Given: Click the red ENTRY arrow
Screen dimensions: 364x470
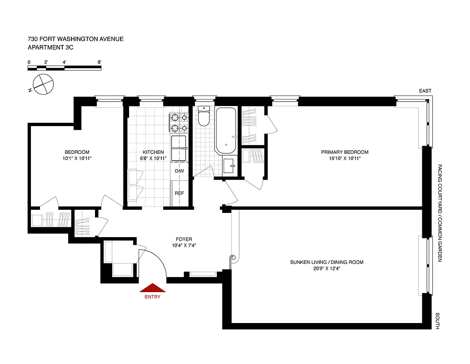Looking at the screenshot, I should [152, 288].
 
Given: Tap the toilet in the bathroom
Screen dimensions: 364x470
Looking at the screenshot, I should [203, 117].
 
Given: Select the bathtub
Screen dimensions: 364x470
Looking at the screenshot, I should [225, 130].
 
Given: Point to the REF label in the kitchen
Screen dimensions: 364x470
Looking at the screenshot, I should [180, 193].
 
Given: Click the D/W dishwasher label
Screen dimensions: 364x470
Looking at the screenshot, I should [180, 171].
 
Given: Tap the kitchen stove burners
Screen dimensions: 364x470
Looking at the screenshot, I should [179, 121].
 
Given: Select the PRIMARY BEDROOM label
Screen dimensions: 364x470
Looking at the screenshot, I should [345, 152].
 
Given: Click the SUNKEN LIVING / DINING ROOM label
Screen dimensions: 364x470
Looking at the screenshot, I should [327, 262].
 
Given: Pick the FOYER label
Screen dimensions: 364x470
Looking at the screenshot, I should [184, 239].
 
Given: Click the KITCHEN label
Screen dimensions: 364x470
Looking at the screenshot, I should [153, 152].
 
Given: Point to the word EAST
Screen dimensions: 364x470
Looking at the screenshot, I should [425, 91].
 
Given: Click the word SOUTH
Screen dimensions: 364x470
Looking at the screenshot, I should [437, 320].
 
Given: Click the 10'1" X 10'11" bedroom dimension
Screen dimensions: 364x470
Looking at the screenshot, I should [77, 158].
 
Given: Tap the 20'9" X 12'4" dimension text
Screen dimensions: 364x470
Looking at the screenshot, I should [327, 268].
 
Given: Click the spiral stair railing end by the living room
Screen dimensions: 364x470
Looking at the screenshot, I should [234, 258].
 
